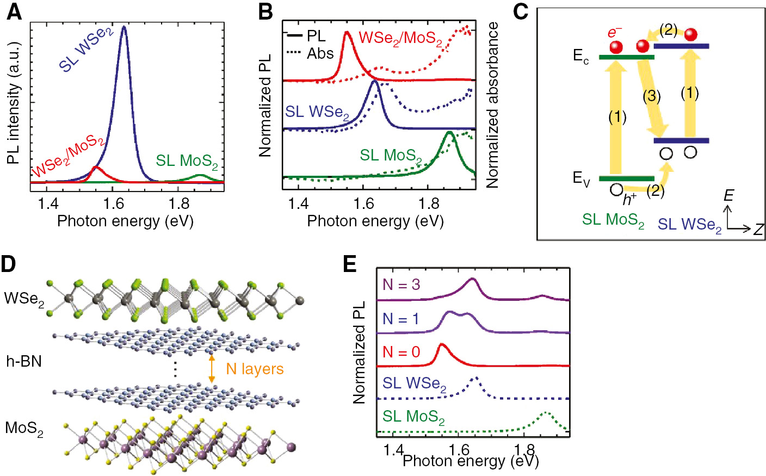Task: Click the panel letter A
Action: coord(14,11)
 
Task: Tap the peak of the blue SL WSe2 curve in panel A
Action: coord(124,27)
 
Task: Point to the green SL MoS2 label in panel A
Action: coord(187,162)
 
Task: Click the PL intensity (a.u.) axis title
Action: coord(13,103)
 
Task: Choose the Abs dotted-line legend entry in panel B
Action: coord(310,53)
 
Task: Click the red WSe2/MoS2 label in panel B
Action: coord(400,39)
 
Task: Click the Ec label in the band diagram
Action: coord(580,56)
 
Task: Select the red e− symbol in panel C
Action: coord(615,33)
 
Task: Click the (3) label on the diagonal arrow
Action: coord(651,97)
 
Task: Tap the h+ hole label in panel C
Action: coord(629,199)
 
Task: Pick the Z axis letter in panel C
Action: coord(758,229)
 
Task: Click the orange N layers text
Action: coord(255,369)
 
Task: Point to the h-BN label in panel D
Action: coord(24,361)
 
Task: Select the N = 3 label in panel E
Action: coord(401,285)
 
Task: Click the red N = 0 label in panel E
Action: coord(401,352)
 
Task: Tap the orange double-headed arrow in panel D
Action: coord(212,369)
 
